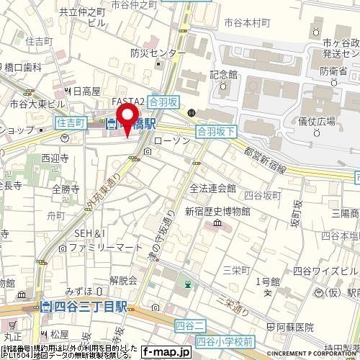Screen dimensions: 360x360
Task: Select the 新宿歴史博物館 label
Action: (x=217, y=212)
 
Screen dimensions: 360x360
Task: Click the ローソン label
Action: (x=172, y=140)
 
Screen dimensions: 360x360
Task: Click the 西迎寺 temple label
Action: (x=54, y=156)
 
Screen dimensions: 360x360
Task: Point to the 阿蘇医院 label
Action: (x=290, y=325)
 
